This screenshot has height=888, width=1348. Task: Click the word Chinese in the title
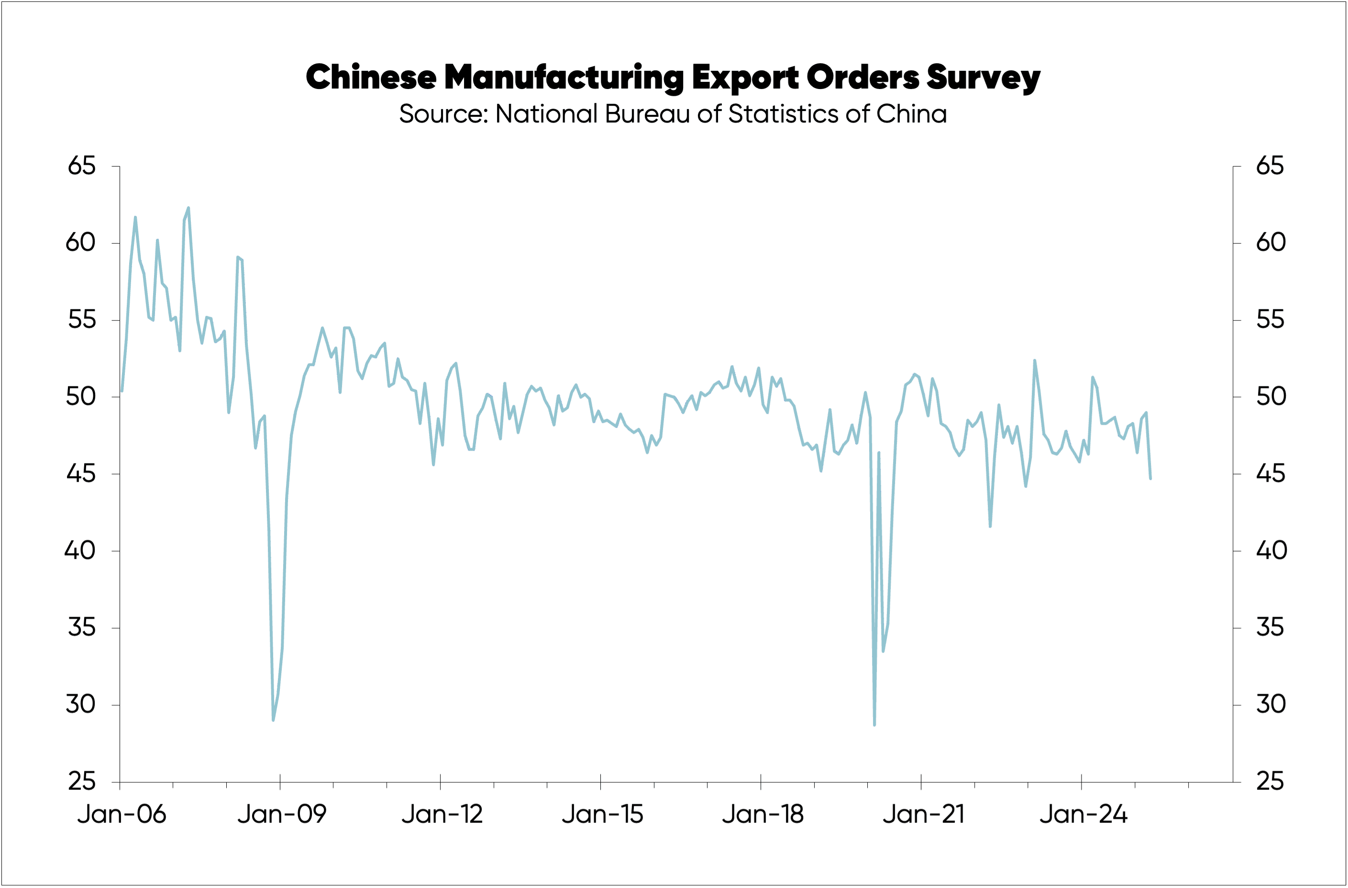coord(371,77)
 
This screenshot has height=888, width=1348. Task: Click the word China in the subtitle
coord(911,114)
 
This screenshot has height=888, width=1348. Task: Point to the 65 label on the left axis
coord(82,166)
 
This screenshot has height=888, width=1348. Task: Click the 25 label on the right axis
coord(1270,782)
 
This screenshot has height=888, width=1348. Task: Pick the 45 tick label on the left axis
coord(82,474)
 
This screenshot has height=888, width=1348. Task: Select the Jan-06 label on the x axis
coord(122,814)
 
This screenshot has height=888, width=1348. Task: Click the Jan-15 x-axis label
coord(602,814)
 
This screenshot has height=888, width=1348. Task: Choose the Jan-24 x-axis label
coord(1083,814)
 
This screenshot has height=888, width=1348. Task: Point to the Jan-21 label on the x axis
coord(923,814)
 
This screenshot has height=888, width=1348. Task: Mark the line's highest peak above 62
coord(188,208)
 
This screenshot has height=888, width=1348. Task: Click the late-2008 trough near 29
coord(273,721)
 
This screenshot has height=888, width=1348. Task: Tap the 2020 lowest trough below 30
coord(874,725)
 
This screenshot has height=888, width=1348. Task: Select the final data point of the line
coord(1150,479)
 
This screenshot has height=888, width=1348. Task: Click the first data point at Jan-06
coord(122,391)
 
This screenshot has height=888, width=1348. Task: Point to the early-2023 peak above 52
coord(1034,360)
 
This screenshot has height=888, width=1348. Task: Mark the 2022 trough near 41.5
coord(990,527)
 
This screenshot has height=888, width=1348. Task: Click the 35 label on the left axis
coord(82,628)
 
